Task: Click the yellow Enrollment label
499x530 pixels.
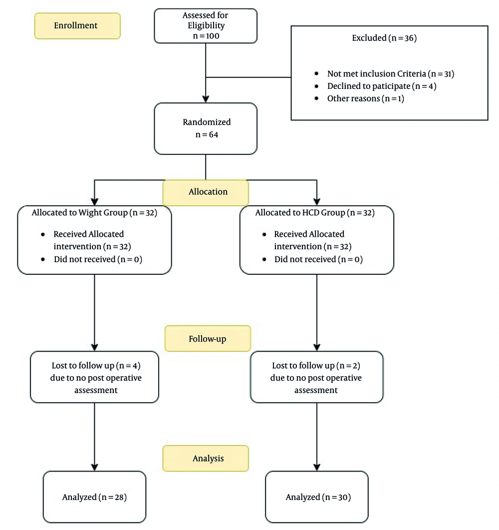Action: tap(77, 25)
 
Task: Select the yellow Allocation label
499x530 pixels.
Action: tap(206, 193)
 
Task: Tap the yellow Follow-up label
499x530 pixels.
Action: tap(208, 338)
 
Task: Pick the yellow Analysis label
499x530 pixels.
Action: tap(206, 459)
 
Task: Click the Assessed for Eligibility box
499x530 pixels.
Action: tap(206, 26)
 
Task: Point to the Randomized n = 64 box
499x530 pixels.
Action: tap(206, 129)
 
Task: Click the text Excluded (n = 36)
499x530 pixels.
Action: tap(384, 38)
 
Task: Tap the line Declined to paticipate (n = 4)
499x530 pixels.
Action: tap(382, 86)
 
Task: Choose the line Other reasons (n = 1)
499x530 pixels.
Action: tap(366, 98)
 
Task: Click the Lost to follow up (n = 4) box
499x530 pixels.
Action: tap(94, 377)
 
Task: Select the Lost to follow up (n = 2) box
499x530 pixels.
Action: tap(317, 377)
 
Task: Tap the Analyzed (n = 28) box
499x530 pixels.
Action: tap(94, 497)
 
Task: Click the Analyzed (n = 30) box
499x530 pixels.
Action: tap(317, 497)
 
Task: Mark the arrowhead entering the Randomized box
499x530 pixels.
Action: tap(206, 99)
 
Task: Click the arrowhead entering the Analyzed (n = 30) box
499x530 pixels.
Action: tap(317, 468)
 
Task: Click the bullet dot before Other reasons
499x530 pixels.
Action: tap(316, 98)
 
